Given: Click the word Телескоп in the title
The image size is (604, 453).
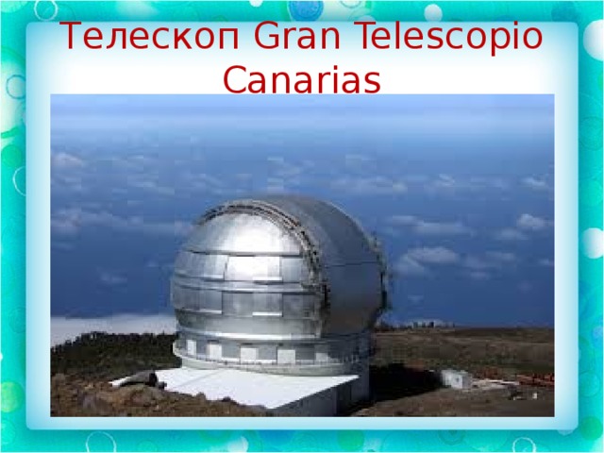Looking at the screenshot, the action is click(x=149, y=38).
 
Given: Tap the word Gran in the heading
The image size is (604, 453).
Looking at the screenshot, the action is click(x=297, y=36).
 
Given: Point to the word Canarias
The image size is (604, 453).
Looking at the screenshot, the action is click(x=302, y=79).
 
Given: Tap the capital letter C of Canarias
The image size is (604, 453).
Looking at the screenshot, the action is click(x=235, y=79).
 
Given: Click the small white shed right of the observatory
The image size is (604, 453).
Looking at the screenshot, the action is click(x=456, y=378).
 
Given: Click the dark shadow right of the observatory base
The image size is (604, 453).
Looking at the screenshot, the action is click(x=405, y=381).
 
